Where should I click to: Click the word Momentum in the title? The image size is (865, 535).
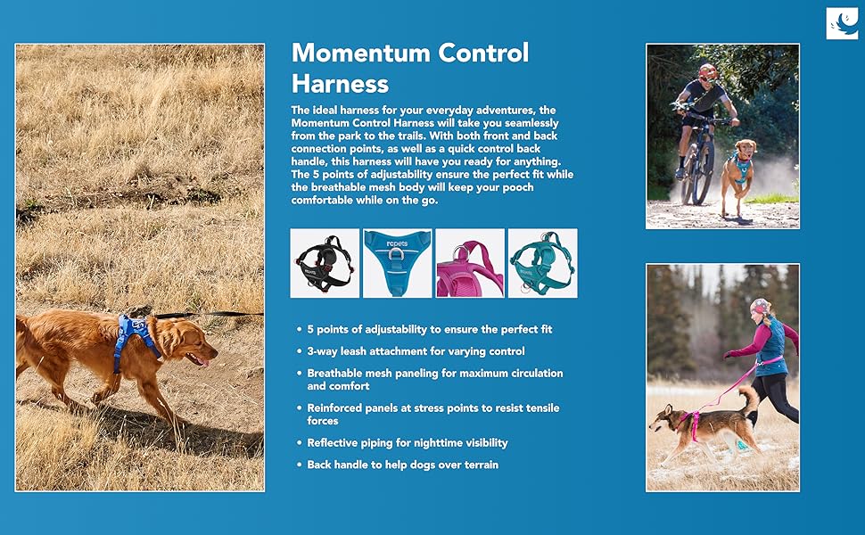pos(361,53)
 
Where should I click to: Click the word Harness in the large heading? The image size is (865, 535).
pos(340,84)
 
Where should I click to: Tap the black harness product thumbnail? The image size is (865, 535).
pos(325,264)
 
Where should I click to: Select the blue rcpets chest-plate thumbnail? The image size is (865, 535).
pos(397,264)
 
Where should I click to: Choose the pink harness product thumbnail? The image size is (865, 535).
pos(470,264)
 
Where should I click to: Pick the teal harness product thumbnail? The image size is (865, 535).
pos(543,264)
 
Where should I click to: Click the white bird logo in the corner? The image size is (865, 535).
pos(842,23)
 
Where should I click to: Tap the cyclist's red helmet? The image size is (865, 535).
pos(707,70)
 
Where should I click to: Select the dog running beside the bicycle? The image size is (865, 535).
pos(738,177)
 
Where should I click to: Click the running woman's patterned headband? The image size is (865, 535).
pos(760,306)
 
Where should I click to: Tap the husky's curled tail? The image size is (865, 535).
pos(747,399)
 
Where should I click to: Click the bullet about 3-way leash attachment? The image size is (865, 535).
pos(416,351)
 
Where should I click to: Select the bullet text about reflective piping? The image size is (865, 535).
pos(408,443)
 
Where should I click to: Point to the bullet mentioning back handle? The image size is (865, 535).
pos(403,465)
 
